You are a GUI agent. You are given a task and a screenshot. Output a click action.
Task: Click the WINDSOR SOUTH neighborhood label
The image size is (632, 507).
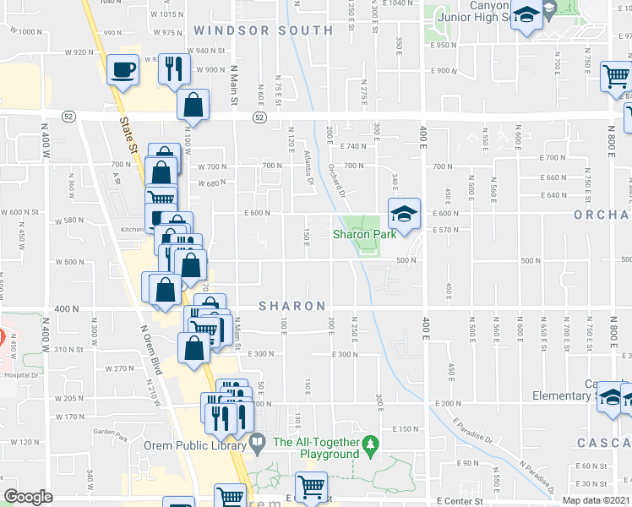tap(264, 30)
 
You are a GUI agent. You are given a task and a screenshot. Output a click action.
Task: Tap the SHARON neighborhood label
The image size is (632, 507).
tap(291, 306)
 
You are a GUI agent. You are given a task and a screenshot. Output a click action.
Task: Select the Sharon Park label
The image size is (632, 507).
tap(365, 234)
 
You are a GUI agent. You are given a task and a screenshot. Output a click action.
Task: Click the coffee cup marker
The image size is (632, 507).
tap(123, 69)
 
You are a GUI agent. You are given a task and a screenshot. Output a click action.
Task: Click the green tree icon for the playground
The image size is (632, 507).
tap(369, 443)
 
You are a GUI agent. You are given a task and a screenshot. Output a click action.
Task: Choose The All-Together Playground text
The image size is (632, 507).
tap(316, 448)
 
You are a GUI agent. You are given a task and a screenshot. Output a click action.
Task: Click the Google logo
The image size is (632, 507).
tap(28, 497)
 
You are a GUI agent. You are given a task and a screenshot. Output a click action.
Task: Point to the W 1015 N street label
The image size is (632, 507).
tap(166, 14)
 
